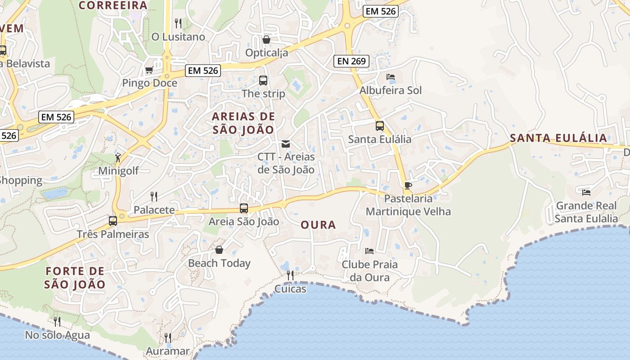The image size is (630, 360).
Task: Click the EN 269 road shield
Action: pyautogui.click(x=351, y=61)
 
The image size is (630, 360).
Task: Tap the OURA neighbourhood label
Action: pyautogui.click(x=318, y=225)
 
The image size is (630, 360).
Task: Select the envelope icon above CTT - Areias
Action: pyautogui.click(x=286, y=144)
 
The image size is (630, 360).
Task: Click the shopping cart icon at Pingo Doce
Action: pyautogui.click(x=149, y=70)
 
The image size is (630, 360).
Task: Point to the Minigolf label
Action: pyautogui.click(x=118, y=171)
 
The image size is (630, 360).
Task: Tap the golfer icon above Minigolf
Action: pyautogui.click(x=118, y=157)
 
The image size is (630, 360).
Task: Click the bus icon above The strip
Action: pyautogui.click(x=263, y=81)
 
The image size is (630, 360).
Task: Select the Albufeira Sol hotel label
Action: pyautogui.click(x=390, y=90)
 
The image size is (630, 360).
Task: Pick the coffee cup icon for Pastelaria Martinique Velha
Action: pyautogui.click(x=408, y=185)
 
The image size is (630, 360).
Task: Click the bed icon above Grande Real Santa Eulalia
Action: pyautogui.click(x=586, y=193)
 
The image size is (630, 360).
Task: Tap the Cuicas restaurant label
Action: pyautogui.click(x=290, y=289)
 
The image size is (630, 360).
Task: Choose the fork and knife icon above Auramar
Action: pyautogui.click(x=167, y=337)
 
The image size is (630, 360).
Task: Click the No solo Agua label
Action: pyautogui.click(x=57, y=335)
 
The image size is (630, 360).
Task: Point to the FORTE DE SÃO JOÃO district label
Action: pyautogui.click(x=75, y=278)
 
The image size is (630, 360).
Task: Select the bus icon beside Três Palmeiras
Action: pyautogui.click(x=113, y=221)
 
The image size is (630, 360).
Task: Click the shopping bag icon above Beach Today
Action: pyautogui.click(x=219, y=250)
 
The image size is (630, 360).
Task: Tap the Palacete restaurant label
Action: pyautogui.click(x=154, y=210)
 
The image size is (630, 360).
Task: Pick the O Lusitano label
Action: pyautogui.click(x=178, y=37)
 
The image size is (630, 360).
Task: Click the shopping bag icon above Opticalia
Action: pyautogui.click(x=266, y=40)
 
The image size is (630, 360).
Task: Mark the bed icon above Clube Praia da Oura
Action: pyautogui.click(x=369, y=251)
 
